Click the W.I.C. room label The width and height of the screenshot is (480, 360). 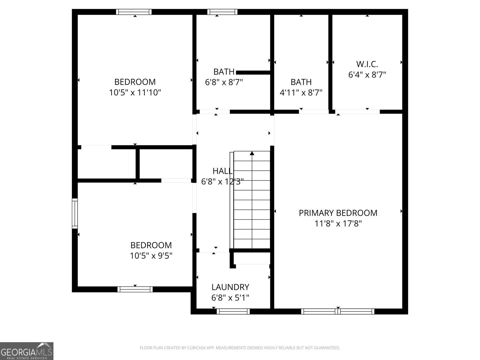tap(367, 64)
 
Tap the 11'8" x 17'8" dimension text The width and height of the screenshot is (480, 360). tap(338, 223)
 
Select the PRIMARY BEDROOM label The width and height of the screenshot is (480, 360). tap(338, 213)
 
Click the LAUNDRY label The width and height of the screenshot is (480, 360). tap(230, 287)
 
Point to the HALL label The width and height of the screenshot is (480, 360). tap(222, 171)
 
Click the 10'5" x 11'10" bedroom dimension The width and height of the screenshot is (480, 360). tap(135, 92)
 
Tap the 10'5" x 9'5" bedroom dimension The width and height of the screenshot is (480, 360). tap(151, 256)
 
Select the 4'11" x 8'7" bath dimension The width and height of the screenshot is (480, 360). tap(301, 92)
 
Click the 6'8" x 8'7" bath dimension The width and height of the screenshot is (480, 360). tap(224, 82)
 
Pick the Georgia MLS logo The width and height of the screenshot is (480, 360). tap(27, 351)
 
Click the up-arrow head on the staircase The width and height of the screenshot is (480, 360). tap(252, 153)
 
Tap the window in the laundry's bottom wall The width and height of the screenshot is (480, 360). tap(233, 311)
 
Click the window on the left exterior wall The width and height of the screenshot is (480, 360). tap(75, 213)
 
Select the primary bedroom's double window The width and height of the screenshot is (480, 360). tap(338, 311)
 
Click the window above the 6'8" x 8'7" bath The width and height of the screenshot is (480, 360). tap(222, 12)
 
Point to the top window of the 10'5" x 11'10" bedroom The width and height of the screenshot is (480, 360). tap(134, 12)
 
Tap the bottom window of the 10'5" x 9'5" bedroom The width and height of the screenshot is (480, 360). tap(135, 289)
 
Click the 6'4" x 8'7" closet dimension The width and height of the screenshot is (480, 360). tap(367, 75)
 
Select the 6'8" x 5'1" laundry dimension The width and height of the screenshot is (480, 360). tap(230, 298)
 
